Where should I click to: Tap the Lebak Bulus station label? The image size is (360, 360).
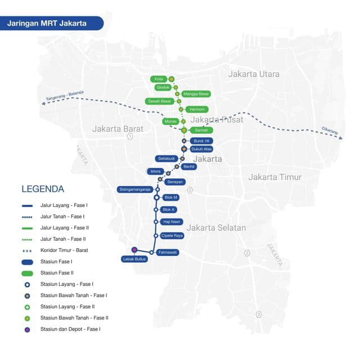click(134, 259)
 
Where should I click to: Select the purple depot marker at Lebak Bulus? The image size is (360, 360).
click(134, 250)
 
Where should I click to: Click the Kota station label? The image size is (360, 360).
click(158, 79)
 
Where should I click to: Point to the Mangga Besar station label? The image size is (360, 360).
click(196, 94)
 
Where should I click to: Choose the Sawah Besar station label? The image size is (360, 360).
click(159, 101)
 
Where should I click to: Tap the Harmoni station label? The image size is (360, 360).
click(196, 109)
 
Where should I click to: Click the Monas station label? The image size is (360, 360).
click(170, 121)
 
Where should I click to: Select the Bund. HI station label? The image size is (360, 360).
click(201, 141)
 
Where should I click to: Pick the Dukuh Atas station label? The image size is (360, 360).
click(201, 149)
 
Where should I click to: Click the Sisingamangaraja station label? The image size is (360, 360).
click(135, 189)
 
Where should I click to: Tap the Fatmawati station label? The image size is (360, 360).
click(169, 253)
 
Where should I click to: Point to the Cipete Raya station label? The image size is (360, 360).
click(172, 236)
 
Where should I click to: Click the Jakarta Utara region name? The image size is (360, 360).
click(254, 74)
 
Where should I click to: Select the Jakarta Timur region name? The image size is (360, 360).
click(275, 177)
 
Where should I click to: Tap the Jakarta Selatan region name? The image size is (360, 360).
click(217, 228)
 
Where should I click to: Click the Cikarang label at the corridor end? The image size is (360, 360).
click(330, 130)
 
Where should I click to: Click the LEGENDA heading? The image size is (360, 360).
click(43, 189)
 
